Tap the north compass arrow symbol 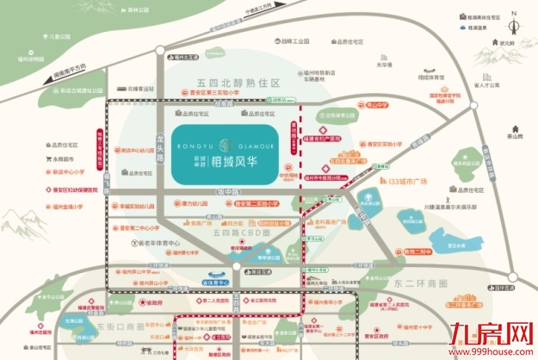click(x=514, y=15)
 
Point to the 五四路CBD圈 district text click(x=241, y=233)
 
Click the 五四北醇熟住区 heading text click(x=233, y=84)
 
